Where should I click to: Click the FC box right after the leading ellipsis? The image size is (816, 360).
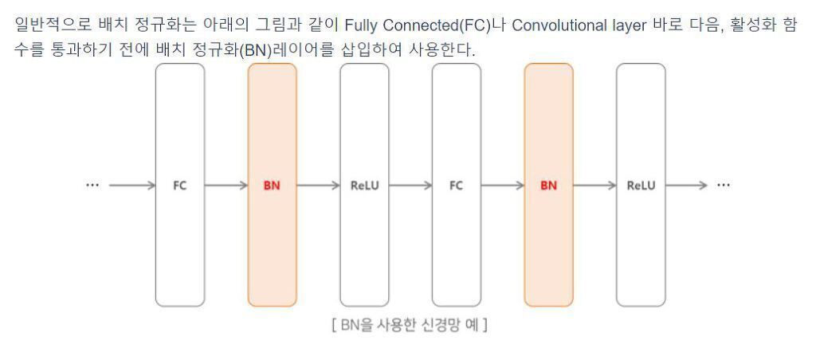coord(180,185)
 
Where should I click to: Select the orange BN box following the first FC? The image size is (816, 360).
coord(272,185)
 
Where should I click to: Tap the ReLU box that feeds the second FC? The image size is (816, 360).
coord(364,185)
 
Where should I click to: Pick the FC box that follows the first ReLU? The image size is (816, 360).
coord(456,185)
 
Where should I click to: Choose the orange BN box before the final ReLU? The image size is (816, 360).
coord(548,185)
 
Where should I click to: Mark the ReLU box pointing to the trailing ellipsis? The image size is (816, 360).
coord(641,185)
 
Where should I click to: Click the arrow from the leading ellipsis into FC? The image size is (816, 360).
coord(131,186)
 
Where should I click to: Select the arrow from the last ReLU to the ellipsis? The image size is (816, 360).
coord(686,186)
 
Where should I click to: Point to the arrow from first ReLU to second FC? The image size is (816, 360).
coord(410,186)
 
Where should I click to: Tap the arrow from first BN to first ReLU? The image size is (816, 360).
coord(318,186)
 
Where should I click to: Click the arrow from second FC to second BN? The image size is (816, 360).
coord(502,186)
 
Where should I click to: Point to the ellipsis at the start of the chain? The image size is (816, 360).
coord(92,185)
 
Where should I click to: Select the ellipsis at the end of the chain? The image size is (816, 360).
coord(724,185)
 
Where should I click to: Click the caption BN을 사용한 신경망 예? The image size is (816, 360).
coord(410,326)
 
